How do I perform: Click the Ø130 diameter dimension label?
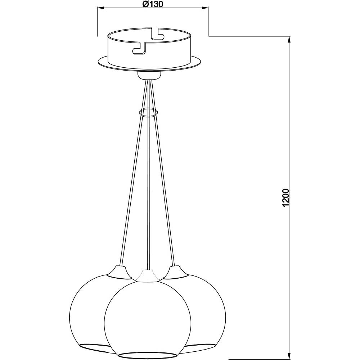click(x=152, y=4)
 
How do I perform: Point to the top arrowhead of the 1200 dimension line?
click(x=289, y=41)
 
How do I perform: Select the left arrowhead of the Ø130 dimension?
click(x=102, y=8)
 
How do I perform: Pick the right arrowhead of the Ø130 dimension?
click(x=204, y=8)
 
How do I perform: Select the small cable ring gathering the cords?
click(x=149, y=112)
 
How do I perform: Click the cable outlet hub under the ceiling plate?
click(x=149, y=75)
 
